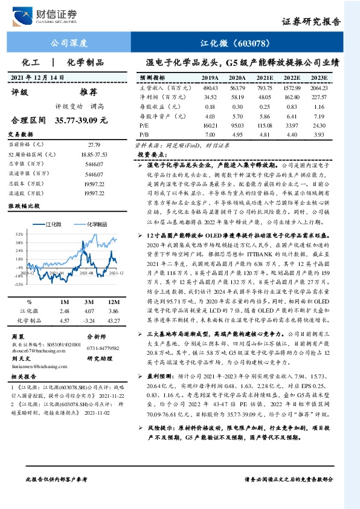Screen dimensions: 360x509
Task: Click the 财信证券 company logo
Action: tap(50, 14)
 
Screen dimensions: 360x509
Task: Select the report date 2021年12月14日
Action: tap(37, 78)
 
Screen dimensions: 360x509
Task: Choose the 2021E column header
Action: tap(265, 78)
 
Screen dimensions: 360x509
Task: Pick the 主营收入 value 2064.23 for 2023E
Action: tap(318, 87)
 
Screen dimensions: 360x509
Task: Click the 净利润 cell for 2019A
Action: tap(210, 96)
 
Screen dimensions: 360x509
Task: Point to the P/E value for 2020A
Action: tap(237, 125)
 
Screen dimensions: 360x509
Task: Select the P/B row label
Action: tap(144, 134)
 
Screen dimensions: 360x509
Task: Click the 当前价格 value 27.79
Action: tap(94, 145)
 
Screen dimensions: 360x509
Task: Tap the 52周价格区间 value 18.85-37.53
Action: tap(94, 155)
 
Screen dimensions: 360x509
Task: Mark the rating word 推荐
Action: tap(89, 92)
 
